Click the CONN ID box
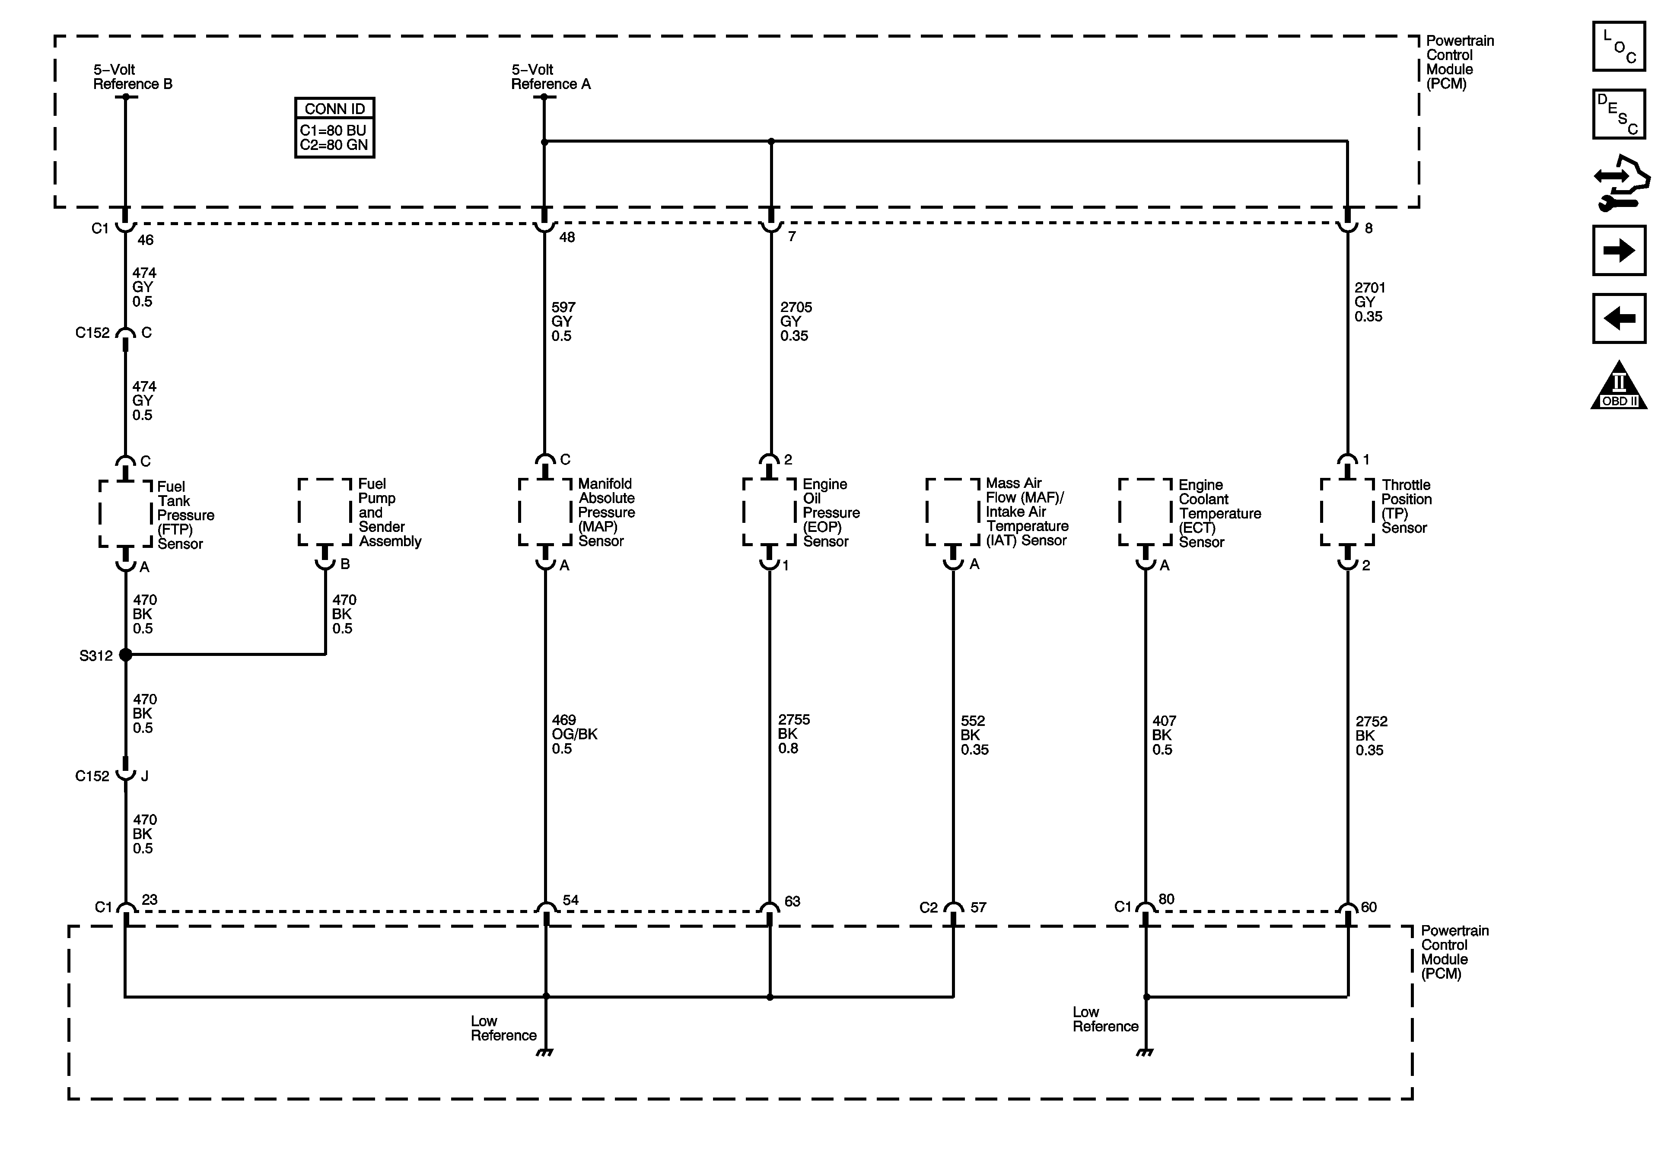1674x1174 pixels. [x=334, y=127]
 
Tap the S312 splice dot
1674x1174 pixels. [x=125, y=655]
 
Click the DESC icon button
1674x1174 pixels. [x=1619, y=114]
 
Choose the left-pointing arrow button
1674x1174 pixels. [x=1619, y=318]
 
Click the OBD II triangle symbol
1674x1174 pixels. [x=1619, y=386]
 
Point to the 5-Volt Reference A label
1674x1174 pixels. [x=551, y=76]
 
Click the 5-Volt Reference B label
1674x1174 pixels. [x=133, y=76]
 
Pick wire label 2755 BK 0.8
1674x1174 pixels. [x=793, y=734]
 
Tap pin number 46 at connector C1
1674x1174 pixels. [x=146, y=240]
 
